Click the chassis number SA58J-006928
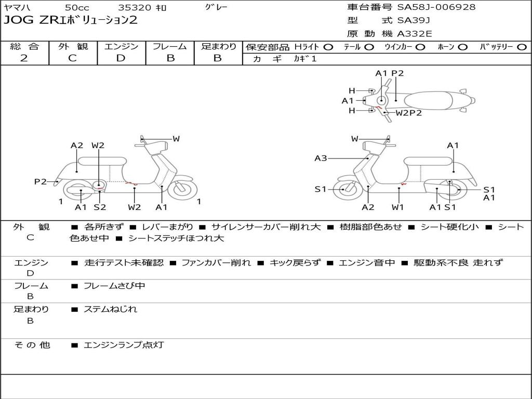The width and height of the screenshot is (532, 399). coord(436,7)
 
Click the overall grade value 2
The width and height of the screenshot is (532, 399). coord(24,58)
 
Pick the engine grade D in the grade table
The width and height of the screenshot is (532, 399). coord(121,58)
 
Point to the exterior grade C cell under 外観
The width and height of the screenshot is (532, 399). coord(73,58)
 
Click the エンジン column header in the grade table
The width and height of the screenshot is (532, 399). coord(121,46)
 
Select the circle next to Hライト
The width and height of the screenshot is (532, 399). coord(328,47)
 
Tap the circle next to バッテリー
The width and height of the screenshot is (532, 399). coord(522,47)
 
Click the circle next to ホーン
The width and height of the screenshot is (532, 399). coord(462,47)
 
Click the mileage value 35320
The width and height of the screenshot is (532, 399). coord(135,8)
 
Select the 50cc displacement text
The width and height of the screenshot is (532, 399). coord(76,8)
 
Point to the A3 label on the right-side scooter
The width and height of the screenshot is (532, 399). coord(321,158)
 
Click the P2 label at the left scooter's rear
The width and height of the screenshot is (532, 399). coord(41,181)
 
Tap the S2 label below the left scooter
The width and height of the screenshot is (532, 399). coord(100,207)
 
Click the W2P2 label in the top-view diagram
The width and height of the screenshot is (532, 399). coord(409,113)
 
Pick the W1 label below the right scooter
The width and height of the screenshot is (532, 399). coord(398,207)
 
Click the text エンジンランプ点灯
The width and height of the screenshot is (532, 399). coord(124,344)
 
